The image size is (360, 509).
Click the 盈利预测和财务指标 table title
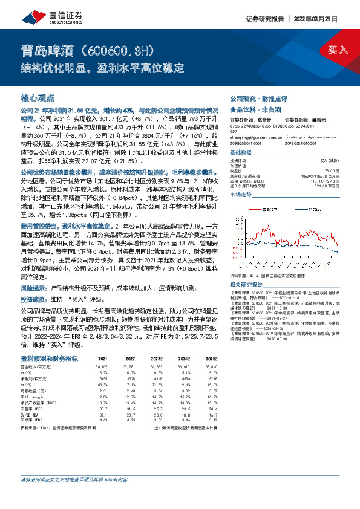tap(50, 358)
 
